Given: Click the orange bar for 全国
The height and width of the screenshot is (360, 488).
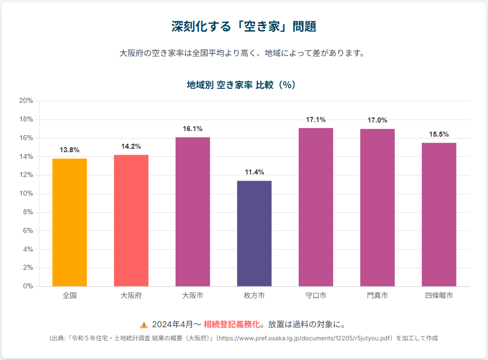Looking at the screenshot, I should click(70, 222).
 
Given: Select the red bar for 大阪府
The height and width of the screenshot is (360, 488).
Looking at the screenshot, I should click(131, 220).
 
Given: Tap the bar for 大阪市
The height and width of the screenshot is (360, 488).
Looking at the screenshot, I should click(193, 212).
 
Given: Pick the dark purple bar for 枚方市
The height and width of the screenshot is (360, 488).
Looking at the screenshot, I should click(254, 233).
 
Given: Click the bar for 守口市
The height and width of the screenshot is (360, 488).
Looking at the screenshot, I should click(316, 207).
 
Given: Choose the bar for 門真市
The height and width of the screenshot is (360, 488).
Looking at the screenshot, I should click(377, 208).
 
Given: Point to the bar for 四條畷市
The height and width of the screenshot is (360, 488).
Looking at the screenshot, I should click(439, 214).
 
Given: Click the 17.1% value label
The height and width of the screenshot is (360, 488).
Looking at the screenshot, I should click(316, 119).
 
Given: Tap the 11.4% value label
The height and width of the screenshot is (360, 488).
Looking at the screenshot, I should click(254, 172).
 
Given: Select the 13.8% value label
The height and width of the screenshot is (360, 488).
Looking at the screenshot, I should click(70, 150).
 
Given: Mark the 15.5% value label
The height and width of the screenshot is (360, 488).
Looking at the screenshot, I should click(439, 134).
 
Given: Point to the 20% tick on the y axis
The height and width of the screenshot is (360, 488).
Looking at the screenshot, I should click(26, 101).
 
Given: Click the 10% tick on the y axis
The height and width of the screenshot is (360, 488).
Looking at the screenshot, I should click(26, 194).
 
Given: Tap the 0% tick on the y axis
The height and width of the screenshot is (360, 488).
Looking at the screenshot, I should click(28, 286).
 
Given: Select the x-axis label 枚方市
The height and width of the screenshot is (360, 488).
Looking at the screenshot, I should click(254, 295).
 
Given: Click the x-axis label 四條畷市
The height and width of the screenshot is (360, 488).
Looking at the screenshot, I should click(439, 295).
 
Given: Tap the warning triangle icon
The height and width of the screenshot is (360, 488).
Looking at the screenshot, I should click(144, 325).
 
